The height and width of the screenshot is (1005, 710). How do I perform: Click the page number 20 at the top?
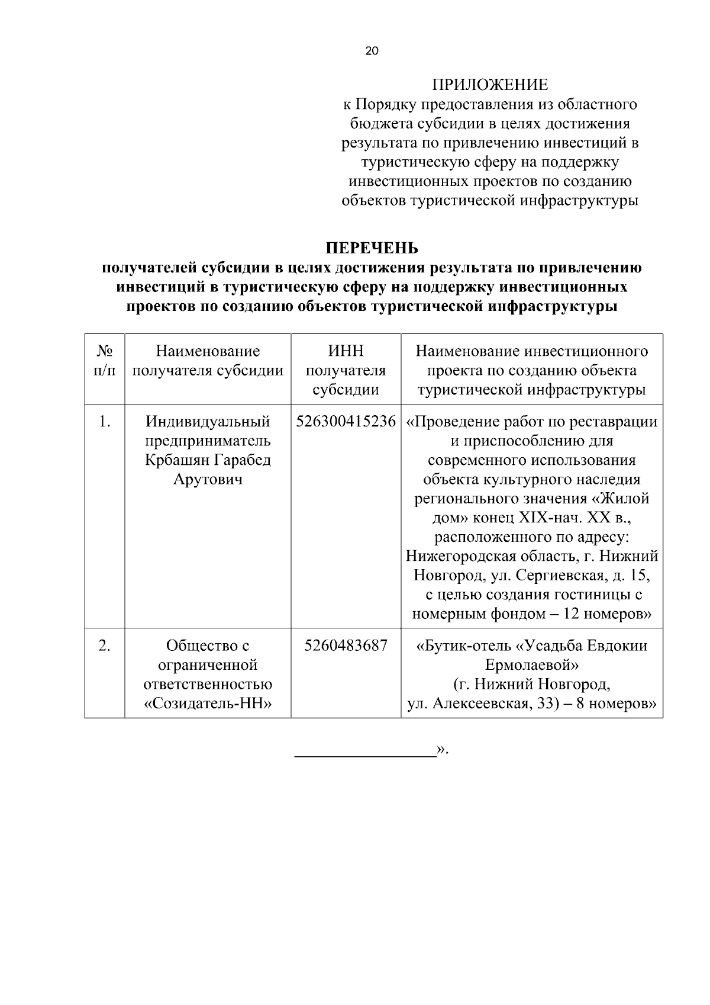372,51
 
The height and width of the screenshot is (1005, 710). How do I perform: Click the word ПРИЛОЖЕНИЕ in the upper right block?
489,85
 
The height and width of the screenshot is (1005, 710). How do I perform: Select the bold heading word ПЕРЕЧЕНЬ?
373,248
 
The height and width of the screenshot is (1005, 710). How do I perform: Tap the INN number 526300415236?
346,421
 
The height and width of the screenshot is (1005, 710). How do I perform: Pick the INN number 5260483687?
346,645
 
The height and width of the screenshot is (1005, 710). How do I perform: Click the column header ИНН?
346,351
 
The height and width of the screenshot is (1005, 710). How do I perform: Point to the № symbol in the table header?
104,351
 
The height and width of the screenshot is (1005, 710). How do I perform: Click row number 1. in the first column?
104,421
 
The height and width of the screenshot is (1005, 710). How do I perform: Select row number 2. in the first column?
104,645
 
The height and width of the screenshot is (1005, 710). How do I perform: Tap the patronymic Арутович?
208,479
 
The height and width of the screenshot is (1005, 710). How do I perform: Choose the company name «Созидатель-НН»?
208,703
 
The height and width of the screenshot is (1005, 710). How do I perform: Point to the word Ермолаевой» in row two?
532,664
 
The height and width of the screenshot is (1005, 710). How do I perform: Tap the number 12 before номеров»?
571,614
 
